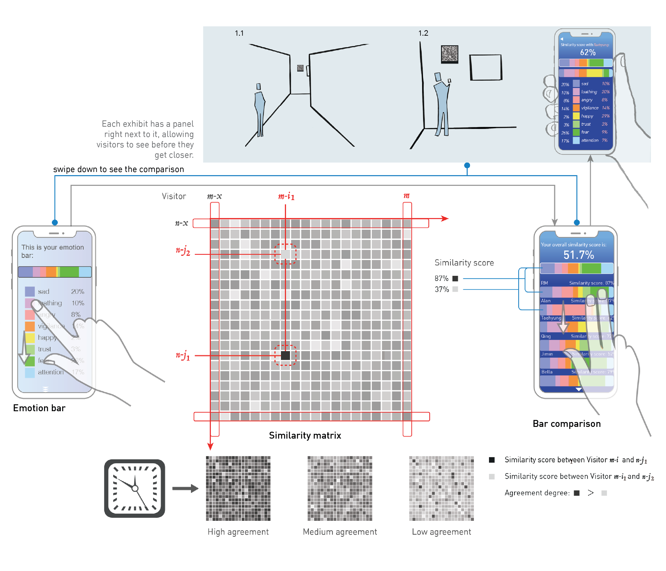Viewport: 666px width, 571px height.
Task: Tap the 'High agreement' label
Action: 238,532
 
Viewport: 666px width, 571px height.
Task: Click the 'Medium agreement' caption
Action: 340,532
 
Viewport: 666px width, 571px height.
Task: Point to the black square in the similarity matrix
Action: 285,355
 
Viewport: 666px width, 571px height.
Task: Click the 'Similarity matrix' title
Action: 305,435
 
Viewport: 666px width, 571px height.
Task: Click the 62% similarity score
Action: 588,52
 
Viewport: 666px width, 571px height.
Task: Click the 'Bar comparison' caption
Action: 566,424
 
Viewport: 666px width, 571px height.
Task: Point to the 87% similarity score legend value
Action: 442,278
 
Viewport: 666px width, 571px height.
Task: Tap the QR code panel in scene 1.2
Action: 449,54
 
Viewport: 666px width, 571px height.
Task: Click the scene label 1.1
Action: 239,33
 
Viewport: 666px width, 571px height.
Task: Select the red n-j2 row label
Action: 183,251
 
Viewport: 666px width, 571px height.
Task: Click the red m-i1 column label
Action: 286,196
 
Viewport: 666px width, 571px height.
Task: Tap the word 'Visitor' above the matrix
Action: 174,196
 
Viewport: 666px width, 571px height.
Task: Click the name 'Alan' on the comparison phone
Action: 545,301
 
